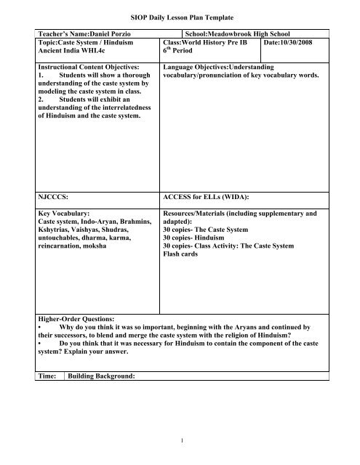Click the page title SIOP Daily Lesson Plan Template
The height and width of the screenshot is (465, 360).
pyautogui.click(x=180, y=15)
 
